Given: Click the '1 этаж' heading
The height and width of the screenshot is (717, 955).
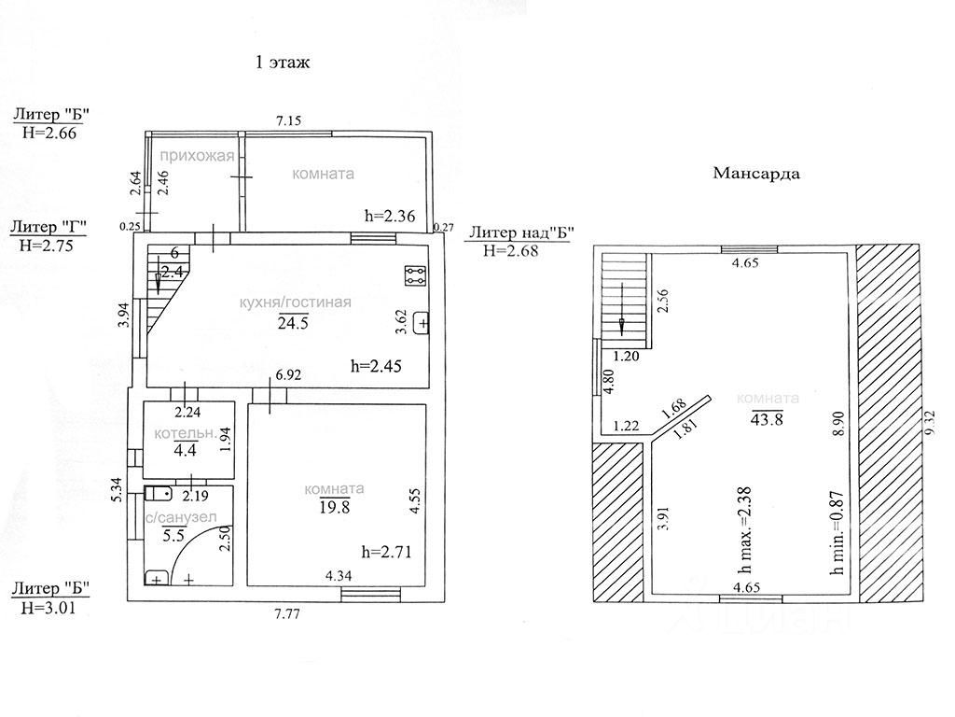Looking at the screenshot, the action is tap(283, 63).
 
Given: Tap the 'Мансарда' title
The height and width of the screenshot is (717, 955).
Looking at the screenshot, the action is tap(756, 173).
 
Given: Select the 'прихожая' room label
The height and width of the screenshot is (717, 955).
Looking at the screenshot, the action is tap(196, 156).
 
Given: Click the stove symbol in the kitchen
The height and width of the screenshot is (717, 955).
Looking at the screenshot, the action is tap(415, 275).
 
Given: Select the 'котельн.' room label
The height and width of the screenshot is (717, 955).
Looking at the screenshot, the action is tap(186, 433).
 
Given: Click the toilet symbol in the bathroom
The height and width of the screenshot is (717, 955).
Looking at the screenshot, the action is tap(159, 492).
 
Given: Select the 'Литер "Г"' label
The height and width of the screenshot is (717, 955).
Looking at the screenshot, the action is tap(48, 227).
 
